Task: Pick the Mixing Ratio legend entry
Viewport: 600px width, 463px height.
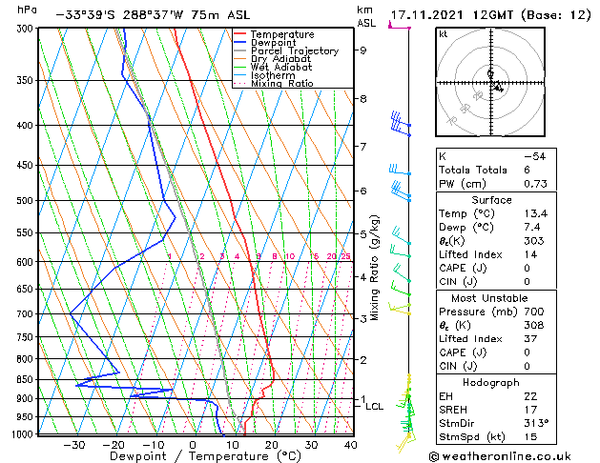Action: click(x=281, y=84)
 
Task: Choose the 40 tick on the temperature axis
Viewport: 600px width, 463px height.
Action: click(x=351, y=444)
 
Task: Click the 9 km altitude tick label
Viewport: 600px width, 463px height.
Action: click(x=362, y=50)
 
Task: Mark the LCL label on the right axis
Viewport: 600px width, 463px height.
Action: click(x=375, y=406)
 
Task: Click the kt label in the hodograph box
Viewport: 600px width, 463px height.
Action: click(x=443, y=34)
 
